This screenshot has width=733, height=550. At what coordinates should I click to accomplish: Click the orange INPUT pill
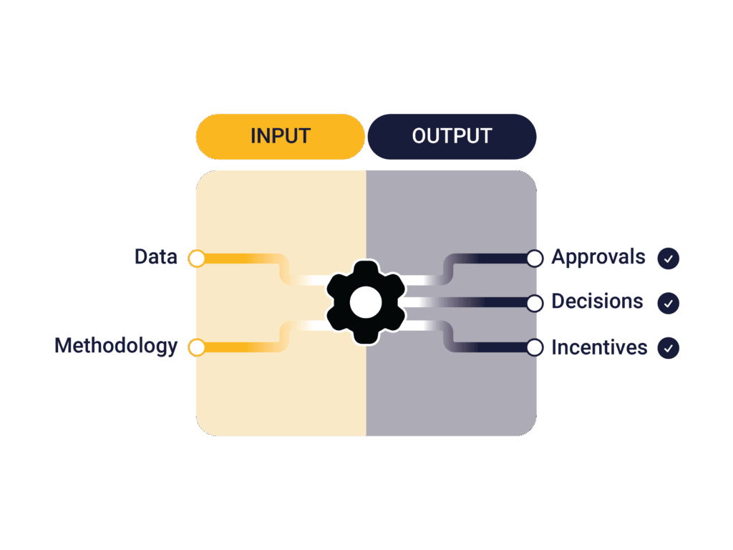(280, 136)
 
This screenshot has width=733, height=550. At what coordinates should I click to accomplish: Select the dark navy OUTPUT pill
(452, 136)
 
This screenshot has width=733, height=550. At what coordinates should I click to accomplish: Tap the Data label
(156, 257)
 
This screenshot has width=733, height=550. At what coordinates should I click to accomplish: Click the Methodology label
(116, 346)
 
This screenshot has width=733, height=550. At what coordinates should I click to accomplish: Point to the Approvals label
(598, 257)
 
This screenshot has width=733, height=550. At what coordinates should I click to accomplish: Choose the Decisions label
(597, 301)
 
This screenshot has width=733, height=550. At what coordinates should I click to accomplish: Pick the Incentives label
(599, 348)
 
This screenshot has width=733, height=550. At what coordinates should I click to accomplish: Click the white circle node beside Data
(197, 259)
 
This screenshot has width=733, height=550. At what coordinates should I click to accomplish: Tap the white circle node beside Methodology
(197, 347)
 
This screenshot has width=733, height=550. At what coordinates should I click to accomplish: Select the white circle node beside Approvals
(535, 259)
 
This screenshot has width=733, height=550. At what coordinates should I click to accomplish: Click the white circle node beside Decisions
(535, 303)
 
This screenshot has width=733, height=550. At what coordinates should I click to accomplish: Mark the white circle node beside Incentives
(535, 347)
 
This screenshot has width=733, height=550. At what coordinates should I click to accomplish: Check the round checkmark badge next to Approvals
(668, 259)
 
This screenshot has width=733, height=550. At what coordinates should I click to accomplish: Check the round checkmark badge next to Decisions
(668, 304)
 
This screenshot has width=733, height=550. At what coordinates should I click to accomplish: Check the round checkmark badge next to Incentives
(668, 349)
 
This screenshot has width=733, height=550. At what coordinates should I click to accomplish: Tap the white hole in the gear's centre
(366, 302)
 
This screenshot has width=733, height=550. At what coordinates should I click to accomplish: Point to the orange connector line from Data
(236, 259)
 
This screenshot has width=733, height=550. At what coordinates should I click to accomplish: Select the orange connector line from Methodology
(236, 347)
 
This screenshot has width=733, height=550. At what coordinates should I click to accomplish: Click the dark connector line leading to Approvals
(494, 259)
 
